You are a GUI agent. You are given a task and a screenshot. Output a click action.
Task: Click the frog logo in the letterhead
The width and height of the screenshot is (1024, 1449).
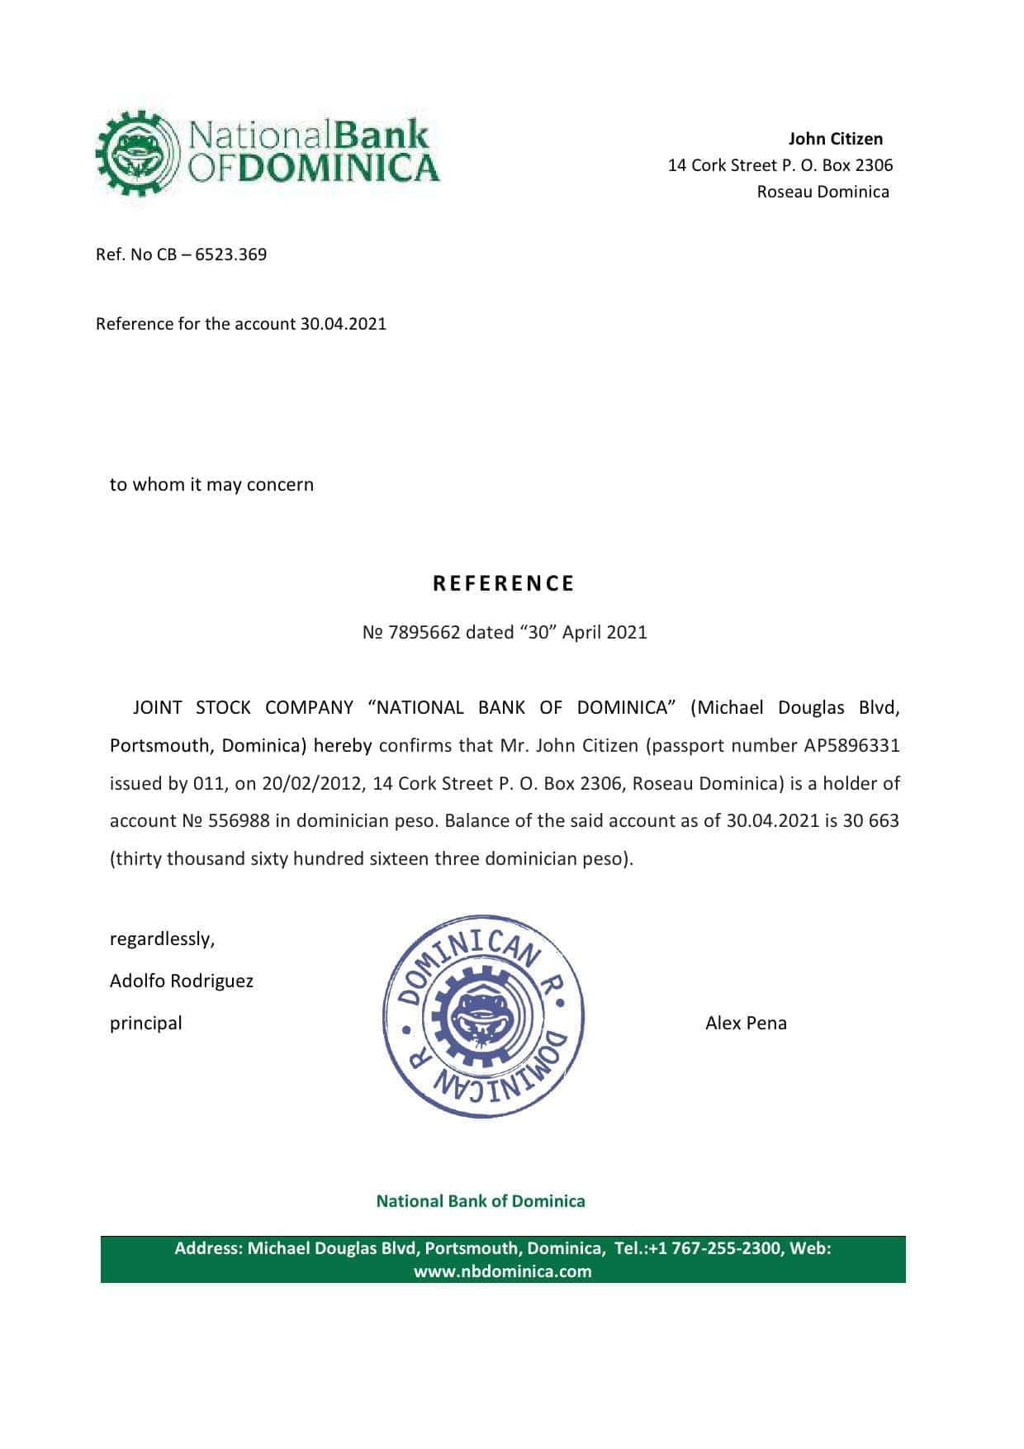[x=137, y=154]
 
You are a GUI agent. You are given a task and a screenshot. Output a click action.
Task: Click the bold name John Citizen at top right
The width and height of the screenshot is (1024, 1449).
[x=835, y=139]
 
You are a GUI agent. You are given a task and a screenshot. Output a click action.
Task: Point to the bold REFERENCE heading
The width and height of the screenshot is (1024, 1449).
[x=504, y=583]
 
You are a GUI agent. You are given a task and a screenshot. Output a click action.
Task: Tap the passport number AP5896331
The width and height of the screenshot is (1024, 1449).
[x=851, y=746]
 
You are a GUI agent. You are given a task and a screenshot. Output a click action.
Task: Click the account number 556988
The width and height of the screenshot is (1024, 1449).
[x=239, y=821]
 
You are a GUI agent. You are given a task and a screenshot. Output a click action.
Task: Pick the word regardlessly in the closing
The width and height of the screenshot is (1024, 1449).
[x=162, y=939]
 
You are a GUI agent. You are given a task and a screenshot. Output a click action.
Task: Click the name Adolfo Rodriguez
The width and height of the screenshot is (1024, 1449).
[x=182, y=981]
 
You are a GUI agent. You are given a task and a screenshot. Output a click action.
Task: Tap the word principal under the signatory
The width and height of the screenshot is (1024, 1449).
[x=146, y=1024]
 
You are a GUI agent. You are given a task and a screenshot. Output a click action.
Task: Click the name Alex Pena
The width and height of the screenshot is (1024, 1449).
[x=746, y=1024]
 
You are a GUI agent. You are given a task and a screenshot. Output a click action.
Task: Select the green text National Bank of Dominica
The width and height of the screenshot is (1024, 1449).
[x=481, y=1201]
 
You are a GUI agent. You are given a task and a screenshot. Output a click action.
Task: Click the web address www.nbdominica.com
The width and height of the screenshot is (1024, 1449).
[x=502, y=1271]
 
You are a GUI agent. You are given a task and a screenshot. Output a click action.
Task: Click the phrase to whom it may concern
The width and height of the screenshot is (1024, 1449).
[x=211, y=485]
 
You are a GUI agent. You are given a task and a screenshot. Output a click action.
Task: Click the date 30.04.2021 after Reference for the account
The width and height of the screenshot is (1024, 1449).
[x=343, y=324]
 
